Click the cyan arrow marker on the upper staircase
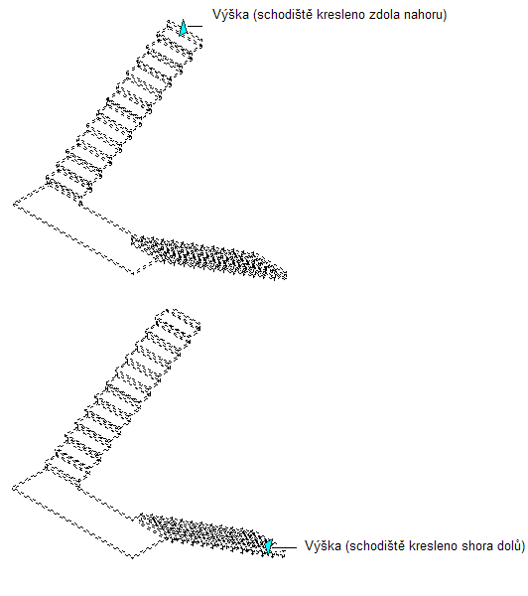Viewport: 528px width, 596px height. tap(183, 28)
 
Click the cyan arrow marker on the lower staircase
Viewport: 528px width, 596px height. tap(269, 546)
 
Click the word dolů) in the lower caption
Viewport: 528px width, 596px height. tap(512, 546)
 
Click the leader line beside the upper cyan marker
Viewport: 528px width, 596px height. tap(195, 26)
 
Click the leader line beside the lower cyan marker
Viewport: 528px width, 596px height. tap(284, 547)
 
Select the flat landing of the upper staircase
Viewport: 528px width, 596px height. tap(76, 228)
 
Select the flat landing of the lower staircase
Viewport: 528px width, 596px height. tap(76, 513)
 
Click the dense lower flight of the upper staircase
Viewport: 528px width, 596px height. tap(209, 256)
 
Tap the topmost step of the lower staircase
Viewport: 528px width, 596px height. tap(178, 319)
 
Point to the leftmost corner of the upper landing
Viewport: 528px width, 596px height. tap(13, 205)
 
